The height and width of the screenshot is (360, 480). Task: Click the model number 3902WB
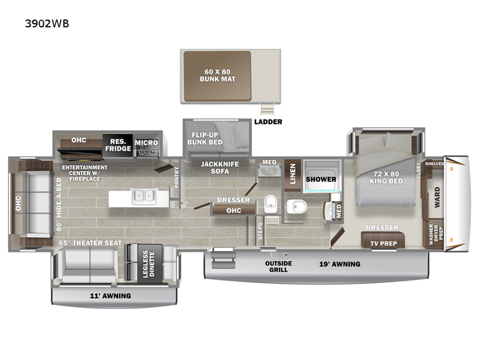(x=47, y=23)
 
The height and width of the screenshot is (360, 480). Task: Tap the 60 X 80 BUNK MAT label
(x=217, y=76)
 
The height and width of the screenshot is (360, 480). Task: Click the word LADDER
(x=268, y=122)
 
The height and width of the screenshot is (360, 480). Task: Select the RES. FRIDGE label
(x=118, y=145)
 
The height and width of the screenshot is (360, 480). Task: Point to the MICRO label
(x=146, y=143)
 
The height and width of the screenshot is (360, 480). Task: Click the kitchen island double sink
(x=144, y=196)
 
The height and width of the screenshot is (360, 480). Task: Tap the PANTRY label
(x=176, y=177)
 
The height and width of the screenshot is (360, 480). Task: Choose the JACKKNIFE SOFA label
(x=220, y=168)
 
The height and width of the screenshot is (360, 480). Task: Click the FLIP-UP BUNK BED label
(x=205, y=139)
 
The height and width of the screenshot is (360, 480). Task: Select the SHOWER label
(x=321, y=179)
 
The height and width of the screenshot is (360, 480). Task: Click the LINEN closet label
(x=293, y=174)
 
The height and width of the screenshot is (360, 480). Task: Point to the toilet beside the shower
(x=296, y=206)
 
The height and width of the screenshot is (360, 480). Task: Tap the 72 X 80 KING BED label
(x=386, y=178)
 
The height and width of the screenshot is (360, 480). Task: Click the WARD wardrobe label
(x=437, y=197)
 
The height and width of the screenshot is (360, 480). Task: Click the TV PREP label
(x=383, y=244)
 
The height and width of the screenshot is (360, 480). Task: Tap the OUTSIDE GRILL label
(x=278, y=266)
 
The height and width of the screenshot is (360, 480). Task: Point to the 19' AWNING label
(x=340, y=264)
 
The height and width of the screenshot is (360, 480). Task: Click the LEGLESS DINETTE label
(x=149, y=264)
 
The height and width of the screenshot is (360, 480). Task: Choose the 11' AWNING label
(x=110, y=296)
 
